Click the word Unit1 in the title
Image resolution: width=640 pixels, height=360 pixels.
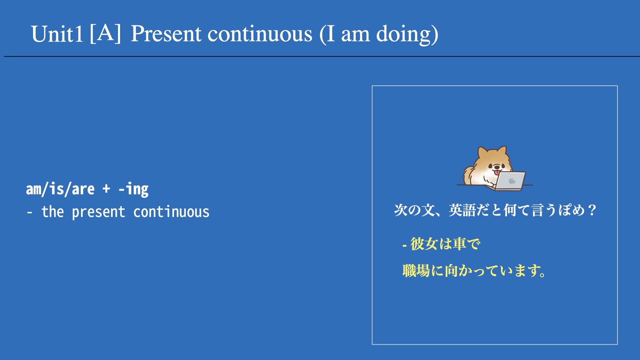click(57, 34)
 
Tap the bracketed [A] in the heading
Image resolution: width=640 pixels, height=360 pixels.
click(105, 33)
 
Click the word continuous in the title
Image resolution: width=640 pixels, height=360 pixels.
click(260, 34)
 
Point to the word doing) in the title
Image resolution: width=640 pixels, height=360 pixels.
click(407, 35)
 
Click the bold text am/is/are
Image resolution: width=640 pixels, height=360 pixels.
click(60, 189)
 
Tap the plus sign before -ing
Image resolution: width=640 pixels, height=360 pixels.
click(106, 189)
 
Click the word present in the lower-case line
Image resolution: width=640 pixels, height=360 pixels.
click(99, 212)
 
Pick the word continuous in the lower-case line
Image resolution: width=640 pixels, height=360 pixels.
click(171, 212)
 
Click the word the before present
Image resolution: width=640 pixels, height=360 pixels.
click(53, 212)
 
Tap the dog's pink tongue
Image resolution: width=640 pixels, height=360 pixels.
click(497, 172)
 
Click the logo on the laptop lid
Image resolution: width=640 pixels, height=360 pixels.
click(512, 181)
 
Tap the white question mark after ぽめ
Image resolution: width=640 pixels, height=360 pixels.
click(592, 210)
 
